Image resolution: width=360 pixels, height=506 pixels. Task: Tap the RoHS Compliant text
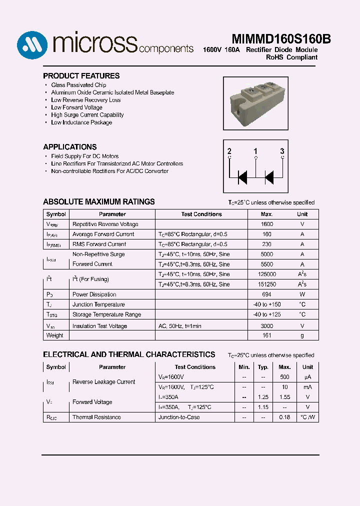(x=291, y=57)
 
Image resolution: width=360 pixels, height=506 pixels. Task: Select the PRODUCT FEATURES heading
(x=81, y=76)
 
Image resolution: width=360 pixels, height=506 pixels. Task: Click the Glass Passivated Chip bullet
(x=78, y=85)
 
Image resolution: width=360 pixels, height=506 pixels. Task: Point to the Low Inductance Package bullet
(x=81, y=122)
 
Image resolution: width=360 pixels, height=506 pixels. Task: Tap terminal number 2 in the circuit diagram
(x=229, y=151)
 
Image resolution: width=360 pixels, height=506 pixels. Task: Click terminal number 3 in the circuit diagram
(x=282, y=151)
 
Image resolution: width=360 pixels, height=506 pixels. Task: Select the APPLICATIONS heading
(x=70, y=147)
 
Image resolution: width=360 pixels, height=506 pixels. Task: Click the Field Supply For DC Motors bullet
(x=85, y=156)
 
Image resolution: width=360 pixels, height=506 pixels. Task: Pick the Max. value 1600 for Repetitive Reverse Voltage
(x=267, y=224)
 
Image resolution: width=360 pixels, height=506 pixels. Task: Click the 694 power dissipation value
(x=267, y=294)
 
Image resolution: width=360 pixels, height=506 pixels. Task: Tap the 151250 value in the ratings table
(x=267, y=284)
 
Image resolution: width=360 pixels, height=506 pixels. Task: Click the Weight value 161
(x=267, y=335)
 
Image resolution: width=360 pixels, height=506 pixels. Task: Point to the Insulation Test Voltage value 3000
(x=267, y=326)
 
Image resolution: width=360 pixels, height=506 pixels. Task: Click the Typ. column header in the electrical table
(x=263, y=367)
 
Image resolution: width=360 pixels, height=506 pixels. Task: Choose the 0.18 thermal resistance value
(x=284, y=417)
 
